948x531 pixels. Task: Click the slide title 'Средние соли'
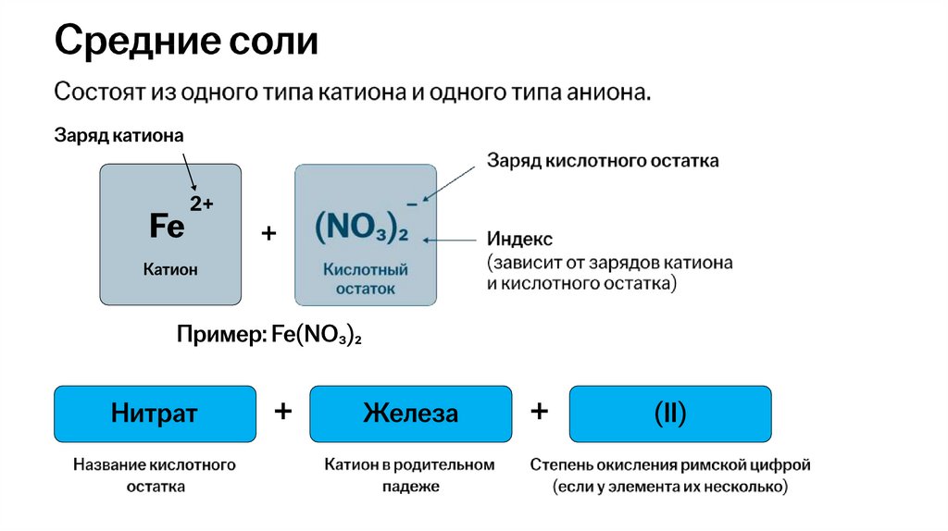pos(186,43)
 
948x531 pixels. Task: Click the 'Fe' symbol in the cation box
pos(167,226)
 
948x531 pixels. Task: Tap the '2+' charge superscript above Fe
pos(202,204)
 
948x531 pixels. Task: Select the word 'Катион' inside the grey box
pos(170,269)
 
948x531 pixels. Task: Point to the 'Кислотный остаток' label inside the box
pos(366,278)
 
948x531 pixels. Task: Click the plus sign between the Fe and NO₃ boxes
pos(268,234)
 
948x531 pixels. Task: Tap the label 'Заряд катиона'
pos(118,136)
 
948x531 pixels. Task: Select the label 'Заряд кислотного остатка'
pos(603,161)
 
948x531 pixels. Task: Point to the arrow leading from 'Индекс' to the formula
pos(450,240)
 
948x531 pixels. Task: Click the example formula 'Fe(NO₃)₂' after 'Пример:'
pos(316,335)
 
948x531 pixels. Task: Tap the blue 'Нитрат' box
pos(155,413)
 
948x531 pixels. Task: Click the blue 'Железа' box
pos(410,413)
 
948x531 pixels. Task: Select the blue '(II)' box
pos(669,413)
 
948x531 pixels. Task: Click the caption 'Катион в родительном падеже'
pos(409,475)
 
